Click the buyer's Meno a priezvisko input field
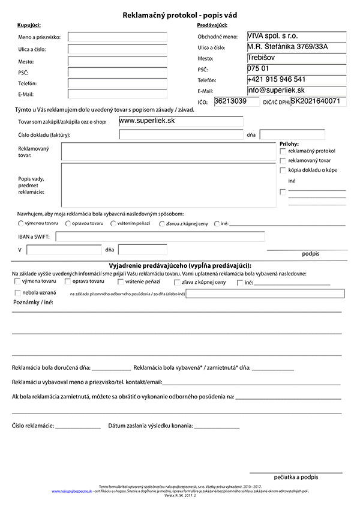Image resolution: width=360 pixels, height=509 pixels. point(117,37)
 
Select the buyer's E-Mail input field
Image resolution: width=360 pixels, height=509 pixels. point(117,94)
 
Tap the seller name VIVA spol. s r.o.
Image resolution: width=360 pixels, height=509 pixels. point(272,36)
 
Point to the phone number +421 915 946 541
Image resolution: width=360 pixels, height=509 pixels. point(277,79)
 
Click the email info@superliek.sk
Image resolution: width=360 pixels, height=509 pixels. point(276,90)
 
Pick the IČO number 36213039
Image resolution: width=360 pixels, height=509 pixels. point(228,101)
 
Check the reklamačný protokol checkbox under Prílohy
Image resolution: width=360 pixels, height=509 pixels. point(283,151)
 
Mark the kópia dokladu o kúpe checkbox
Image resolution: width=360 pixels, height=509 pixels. point(283,170)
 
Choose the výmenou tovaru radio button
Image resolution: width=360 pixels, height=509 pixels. point(21,224)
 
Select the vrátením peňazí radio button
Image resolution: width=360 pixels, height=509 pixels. point(113,224)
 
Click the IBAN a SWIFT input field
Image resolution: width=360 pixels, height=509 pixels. point(160,236)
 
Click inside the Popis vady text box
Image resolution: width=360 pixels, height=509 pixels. point(168,185)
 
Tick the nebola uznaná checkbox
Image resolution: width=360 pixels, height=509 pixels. point(17,293)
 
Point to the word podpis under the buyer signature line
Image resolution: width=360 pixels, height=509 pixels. point(311,254)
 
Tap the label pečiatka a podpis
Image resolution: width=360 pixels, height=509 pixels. point(296,477)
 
